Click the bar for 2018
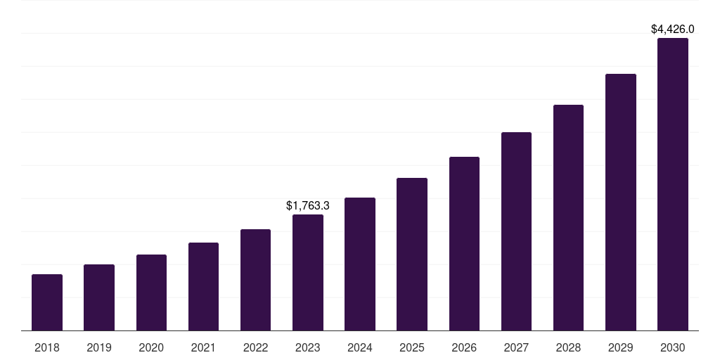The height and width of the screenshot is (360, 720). pyautogui.click(x=47, y=302)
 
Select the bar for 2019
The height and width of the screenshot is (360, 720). pyautogui.click(x=99, y=297)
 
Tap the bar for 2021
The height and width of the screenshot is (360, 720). pyautogui.click(x=203, y=287)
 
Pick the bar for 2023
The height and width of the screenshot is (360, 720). pyautogui.click(x=308, y=273)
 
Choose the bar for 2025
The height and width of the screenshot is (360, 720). pyautogui.click(x=412, y=255)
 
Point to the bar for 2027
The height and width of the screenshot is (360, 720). pyautogui.click(x=516, y=231)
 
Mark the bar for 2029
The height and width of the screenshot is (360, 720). pyautogui.click(x=620, y=202)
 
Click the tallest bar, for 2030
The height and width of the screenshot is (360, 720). pyautogui.click(x=673, y=184)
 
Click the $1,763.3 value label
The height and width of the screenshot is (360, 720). pyautogui.click(x=308, y=206)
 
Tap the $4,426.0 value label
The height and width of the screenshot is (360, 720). pyautogui.click(x=673, y=30)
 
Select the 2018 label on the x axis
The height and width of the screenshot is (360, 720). pyautogui.click(x=47, y=347)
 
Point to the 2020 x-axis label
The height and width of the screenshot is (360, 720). pyautogui.click(x=151, y=347)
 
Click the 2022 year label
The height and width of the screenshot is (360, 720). pyautogui.click(x=255, y=347)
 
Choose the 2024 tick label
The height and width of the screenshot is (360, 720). pyautogui.click(x=360, y=347)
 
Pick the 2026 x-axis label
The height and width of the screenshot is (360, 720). pyautogui.click(x=464, y=347)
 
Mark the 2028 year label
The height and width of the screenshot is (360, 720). pyautogui.click(x=568, y=347)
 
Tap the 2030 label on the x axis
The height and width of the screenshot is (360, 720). pyautogui.click(x=673, y=347)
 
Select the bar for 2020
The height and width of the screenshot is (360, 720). pyautogui.click(x=151, y=292)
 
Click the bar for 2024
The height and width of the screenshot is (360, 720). pyautogui.click(x=360, y=264)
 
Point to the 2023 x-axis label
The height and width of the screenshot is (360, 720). pyautogui.click(x=308, y=347)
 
